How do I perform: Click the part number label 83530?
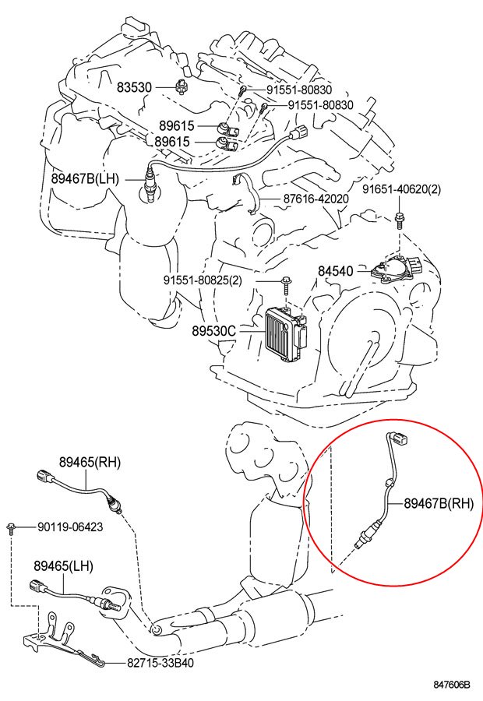[x=134, y=88]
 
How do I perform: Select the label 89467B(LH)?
[x=85, y=178]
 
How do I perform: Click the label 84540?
[x=335, y=271]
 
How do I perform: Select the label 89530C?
[x=213, y=330]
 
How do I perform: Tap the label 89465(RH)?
[x=90, y=462]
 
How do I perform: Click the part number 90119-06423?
[x=70, y=527]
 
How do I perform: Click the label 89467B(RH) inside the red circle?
[x=438, y=503]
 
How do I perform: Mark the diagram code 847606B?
[x=452, y=685]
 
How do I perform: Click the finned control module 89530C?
[x=282, y=331]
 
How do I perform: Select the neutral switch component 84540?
[x=393, y=272]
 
